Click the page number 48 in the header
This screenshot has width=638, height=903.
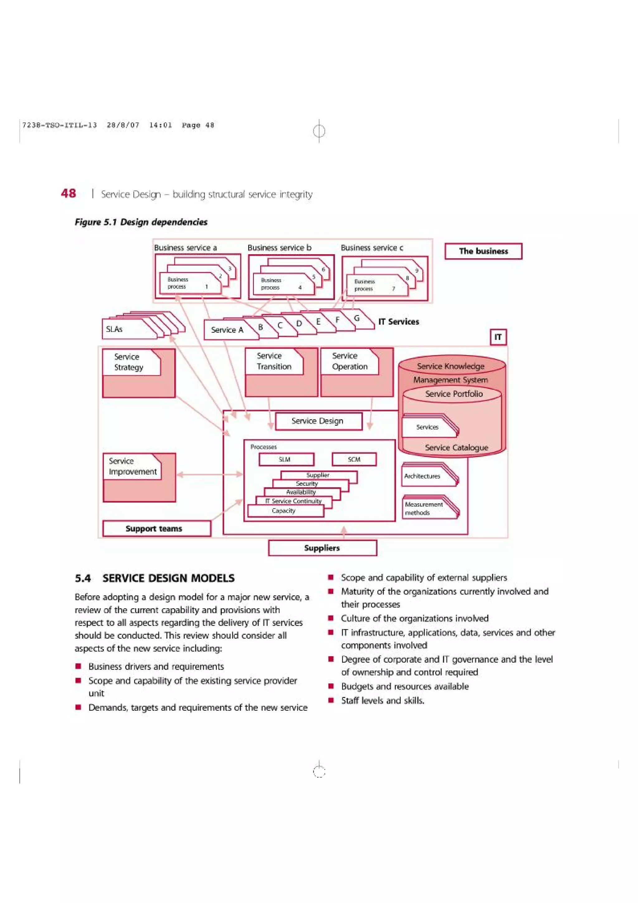[69, 193]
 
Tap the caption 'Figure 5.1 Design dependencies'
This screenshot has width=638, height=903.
[141, 222]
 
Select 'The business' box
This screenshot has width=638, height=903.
[483, 251]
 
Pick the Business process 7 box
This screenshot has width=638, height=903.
[375, 285]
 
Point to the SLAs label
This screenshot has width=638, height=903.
[114, 329]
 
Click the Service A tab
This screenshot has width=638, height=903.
[227, 330]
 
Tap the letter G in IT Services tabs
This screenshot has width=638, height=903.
[357, 318]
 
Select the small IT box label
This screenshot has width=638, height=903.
[498, 337]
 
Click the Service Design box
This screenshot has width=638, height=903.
[318, 421]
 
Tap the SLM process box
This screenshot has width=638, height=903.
[285, 459]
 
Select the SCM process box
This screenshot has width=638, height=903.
[354, 459]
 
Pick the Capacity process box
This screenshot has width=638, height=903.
[284, 511]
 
